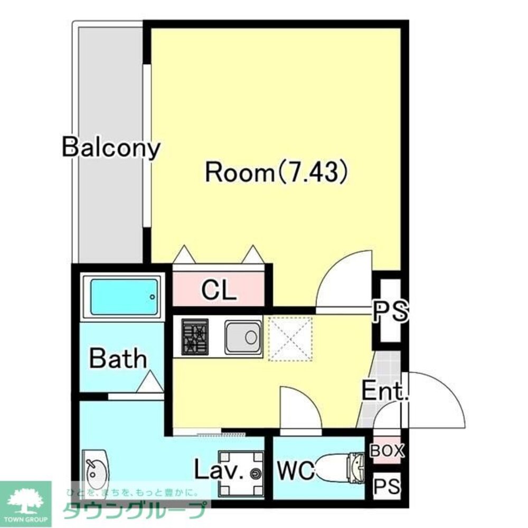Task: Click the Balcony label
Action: pyautogui.click(x=111, y=147)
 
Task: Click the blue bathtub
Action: pyautogui.click(x=124, y=297)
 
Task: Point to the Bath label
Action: pyautogui.click(x=118, y=359)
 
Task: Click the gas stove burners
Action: pyautogui.click(x=195, y=337)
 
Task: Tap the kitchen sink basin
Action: pyautogui.click(x=243, y=337)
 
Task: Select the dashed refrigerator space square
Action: pyautogui.click(x=290, y=339)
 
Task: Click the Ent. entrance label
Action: pyautogui.click(x=385, y=391)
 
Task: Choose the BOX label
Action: pyautogui.click(x=387, y=450)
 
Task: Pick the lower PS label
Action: pyautogui.click(x=387, y=486)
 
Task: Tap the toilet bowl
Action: pyautogui.click(x=340, y=467)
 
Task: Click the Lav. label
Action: pyautogui.click(x=219, y=470)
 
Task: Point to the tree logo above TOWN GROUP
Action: pyautogui.click(x=25, y=502)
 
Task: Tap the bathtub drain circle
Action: pyautogui.click(x=153, y=297)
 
